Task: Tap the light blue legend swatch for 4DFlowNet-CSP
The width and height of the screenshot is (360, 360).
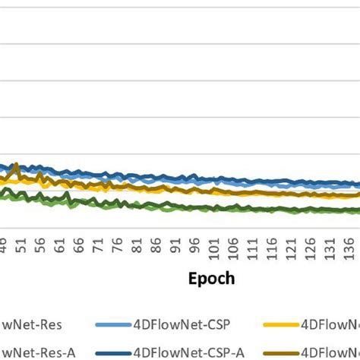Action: point(112,324)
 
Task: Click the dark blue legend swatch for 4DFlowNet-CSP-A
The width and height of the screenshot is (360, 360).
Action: point(112,352)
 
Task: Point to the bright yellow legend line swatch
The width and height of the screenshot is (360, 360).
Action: point(279,324)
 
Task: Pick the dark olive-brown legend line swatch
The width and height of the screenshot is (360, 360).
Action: point(279,352)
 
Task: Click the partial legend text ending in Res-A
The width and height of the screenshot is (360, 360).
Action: point(28,352)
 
